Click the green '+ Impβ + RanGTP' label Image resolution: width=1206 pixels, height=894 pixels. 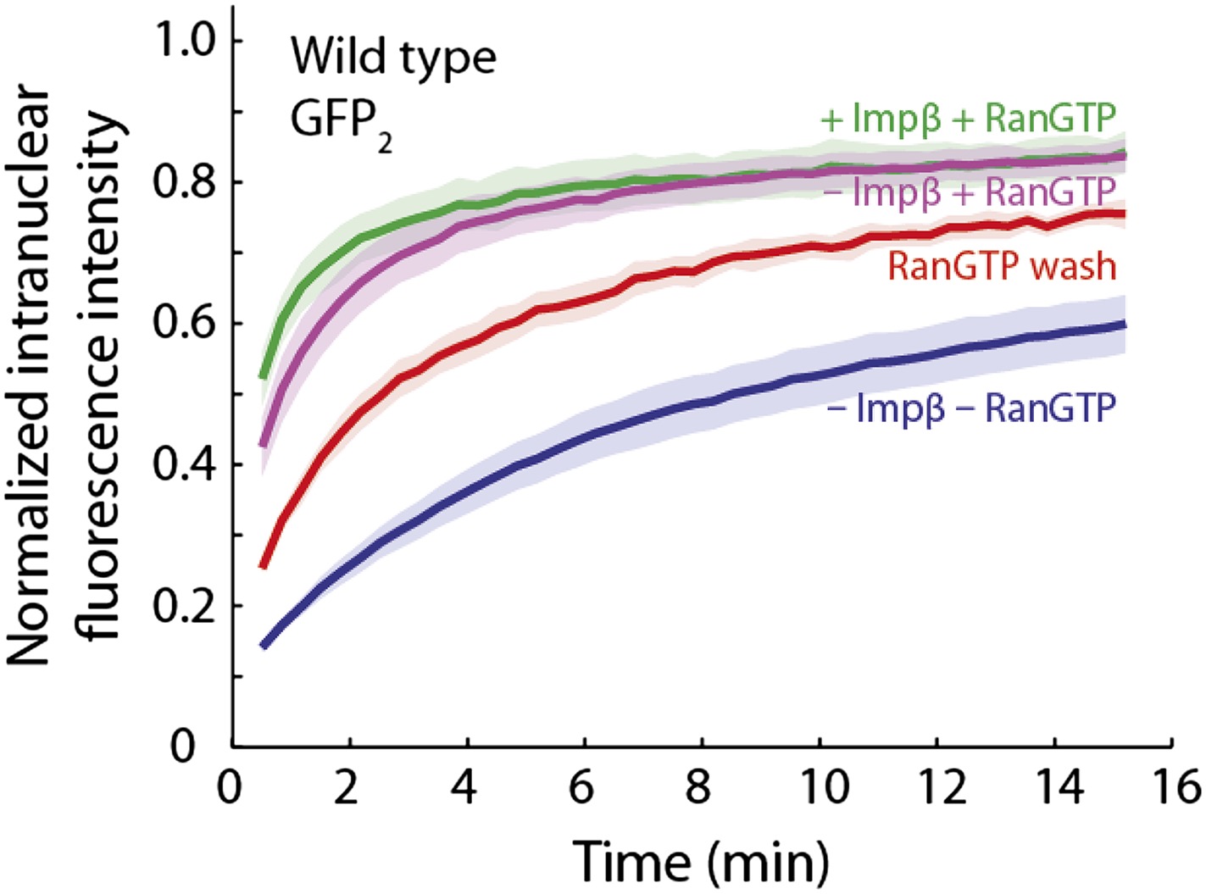[968, 119]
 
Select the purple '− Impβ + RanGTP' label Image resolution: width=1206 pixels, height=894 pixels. [971, 192]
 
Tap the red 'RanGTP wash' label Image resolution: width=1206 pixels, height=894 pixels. [1002, 266]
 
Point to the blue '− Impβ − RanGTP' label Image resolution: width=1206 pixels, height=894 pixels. [971, 408]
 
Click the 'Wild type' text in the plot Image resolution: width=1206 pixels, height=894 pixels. [393, 58]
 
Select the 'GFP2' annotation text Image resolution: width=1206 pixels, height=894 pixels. [341, 123]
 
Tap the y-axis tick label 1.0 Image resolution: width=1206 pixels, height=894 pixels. [184, 41]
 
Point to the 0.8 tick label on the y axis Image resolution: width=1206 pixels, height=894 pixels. [184, 182]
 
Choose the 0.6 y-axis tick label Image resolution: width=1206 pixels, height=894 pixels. [184, 324]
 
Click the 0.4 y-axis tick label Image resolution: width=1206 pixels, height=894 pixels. [184, 464]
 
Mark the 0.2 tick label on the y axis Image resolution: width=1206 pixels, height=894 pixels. [184, 606]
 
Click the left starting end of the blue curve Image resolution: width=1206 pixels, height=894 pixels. [264, 646]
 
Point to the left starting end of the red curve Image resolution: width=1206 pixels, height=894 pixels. [264, 565]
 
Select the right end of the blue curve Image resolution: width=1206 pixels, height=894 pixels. [1124, 325]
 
